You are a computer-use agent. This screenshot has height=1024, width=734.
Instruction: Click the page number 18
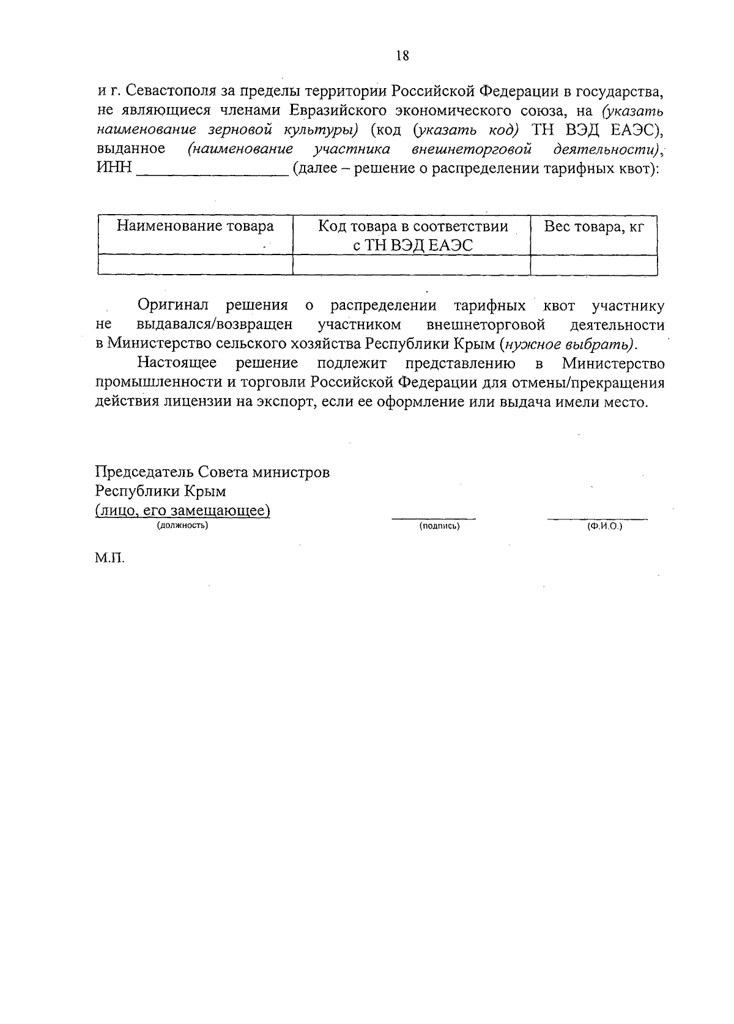point(402,56)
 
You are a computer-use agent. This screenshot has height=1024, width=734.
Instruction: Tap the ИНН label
point(114,168)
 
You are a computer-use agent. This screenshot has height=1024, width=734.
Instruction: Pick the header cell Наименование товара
point(195,227)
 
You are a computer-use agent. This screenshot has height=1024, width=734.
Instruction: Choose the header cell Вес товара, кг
point(594,227)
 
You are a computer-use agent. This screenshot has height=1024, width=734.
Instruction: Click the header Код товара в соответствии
point(413,227)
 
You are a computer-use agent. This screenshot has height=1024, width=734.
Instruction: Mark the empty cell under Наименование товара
point(195,265)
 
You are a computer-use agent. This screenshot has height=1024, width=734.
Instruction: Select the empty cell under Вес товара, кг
point(594,265)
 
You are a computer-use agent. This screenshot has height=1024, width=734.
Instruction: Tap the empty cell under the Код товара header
point(412,265)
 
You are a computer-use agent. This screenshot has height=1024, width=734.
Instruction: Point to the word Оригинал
point(173,305)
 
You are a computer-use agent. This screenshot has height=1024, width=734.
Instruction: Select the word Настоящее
point(177,363)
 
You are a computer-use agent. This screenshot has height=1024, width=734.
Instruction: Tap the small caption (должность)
point(182,526)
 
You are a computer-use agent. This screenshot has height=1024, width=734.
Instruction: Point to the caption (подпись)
point(439,526)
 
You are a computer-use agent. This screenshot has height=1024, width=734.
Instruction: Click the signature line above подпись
point(434,518)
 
